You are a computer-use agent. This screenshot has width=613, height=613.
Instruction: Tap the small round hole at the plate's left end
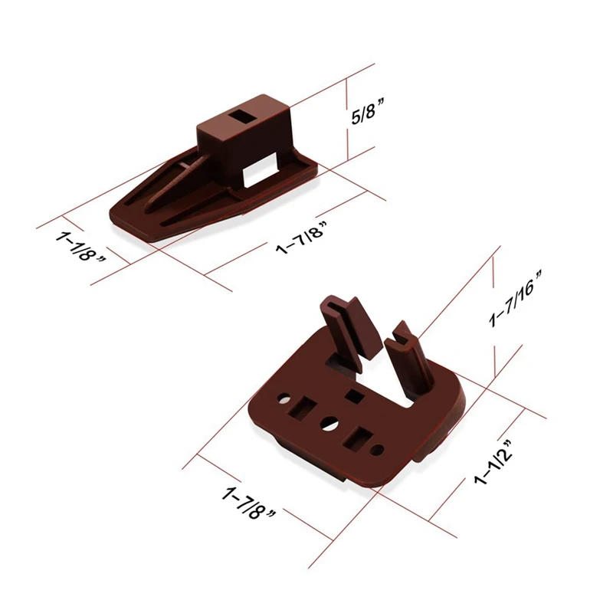(x=284, y=400)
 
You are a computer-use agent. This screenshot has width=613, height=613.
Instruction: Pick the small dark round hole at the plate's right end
(x=376, y=449)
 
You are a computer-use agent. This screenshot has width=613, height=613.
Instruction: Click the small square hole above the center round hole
(x=356, y=396)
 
